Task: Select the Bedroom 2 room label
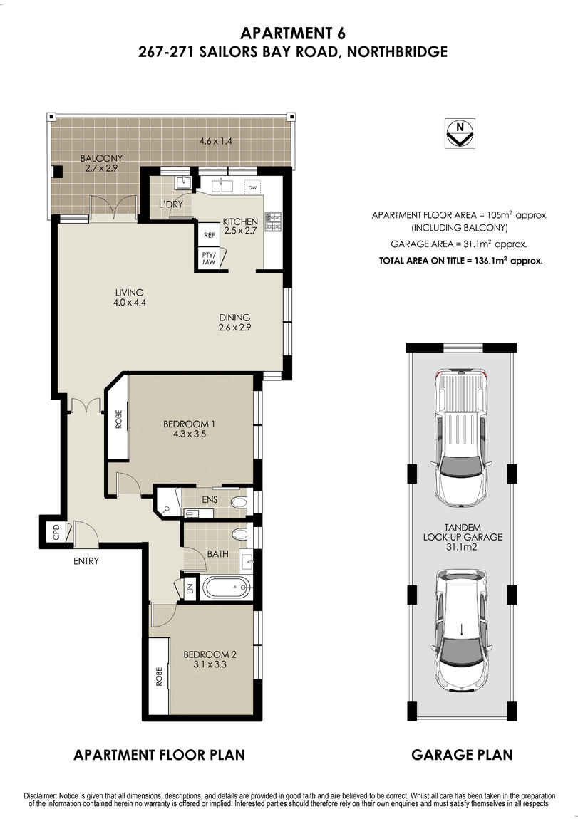click(210, 654)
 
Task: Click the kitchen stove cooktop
click(274, 221)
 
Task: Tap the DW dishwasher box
click(252, 188)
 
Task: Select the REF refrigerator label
click(210, 234)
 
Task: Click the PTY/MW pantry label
click(209, 259)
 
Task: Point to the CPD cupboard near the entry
click(56, 533)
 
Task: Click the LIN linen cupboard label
click(190, 589)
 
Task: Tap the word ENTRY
click(86, 561)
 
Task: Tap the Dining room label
click(234, 318)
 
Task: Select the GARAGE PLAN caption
click(462, 755)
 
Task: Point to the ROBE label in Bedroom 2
click(159, 677)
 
